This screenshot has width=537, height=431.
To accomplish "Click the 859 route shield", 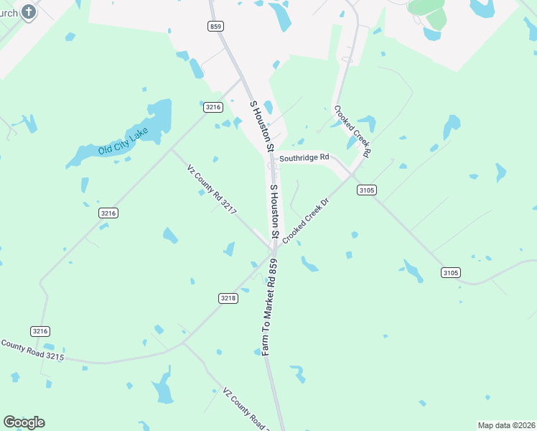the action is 216,26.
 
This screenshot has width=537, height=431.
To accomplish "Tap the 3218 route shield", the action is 228,297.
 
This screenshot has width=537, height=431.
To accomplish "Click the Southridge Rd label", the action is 304,157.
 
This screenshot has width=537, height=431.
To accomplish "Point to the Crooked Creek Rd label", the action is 352,131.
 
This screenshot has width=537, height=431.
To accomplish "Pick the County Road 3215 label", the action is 32,350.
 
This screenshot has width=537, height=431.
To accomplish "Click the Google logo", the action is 24,422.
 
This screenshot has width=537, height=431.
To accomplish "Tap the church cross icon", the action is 28,11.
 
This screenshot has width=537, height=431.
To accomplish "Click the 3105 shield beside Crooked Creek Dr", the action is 366,190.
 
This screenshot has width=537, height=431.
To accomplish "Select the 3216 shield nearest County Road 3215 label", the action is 40,330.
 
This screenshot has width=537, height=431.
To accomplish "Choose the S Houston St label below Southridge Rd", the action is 274,211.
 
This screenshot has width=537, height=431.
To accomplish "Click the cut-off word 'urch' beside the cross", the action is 9,13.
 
